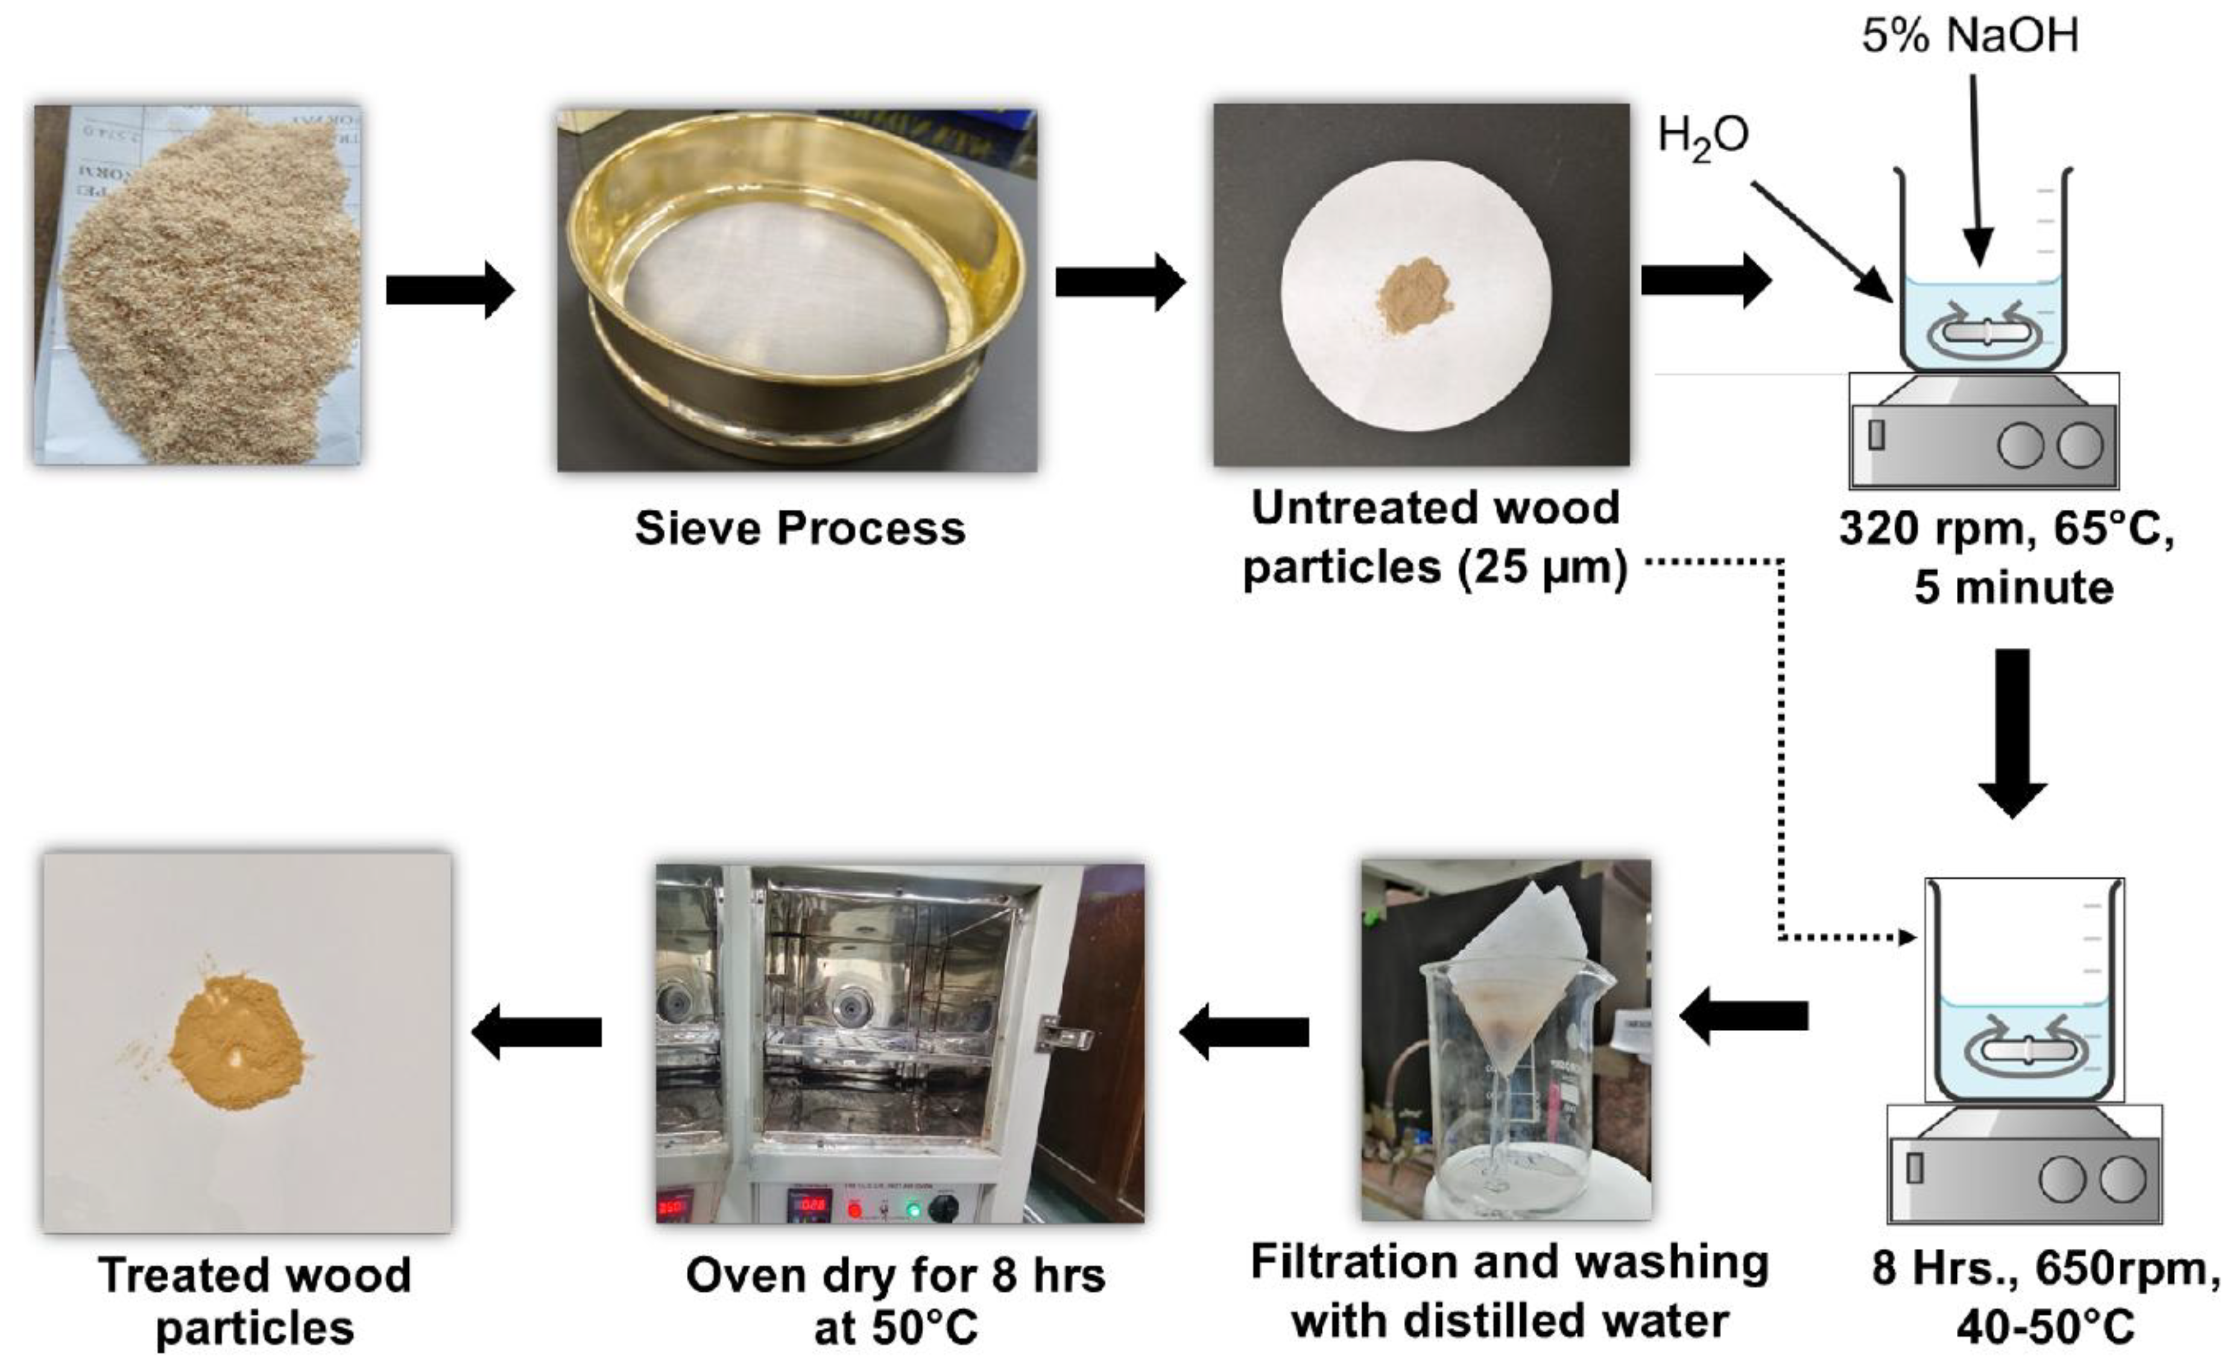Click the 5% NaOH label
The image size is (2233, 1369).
(x=1969, y=36)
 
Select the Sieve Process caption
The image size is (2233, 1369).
(x=800, y=528)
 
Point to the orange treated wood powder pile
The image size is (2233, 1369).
(x=238, y=1039)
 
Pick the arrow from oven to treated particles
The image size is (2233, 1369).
(x=537, y=1031)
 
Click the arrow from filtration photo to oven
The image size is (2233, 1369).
(x=1244, y=1031)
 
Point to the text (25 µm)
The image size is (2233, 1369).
(x=1543, y=568)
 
